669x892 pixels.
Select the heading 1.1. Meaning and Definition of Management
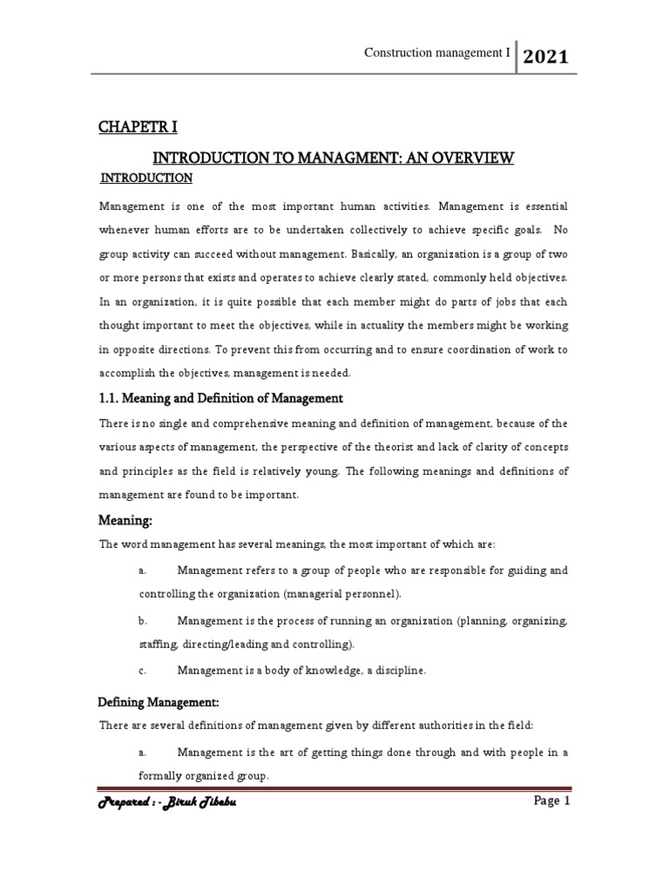(x=221, y=398)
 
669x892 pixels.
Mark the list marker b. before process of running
(x=143, y=621)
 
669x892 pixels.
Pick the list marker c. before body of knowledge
(x=142, y=671)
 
